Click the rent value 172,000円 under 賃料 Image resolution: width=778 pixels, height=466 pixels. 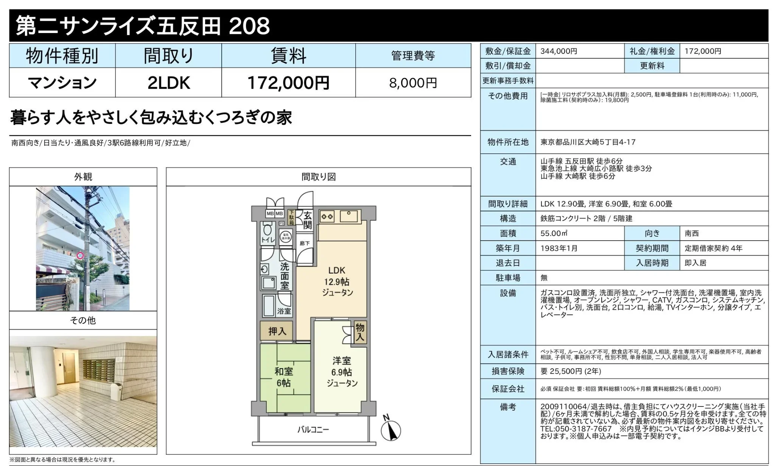[288, 83]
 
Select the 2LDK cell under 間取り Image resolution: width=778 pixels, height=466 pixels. [168, 83]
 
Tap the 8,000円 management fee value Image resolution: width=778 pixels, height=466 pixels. [413, 83]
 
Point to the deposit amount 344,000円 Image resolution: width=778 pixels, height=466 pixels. [559, 51]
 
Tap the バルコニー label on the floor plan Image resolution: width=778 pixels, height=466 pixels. [313, 430]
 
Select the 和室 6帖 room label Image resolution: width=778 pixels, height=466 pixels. [283, 377]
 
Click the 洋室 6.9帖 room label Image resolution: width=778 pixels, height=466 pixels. [342, 372]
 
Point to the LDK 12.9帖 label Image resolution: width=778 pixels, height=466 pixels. [337, 281]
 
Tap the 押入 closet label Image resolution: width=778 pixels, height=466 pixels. [277, 332]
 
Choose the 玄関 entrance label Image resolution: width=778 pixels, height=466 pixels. [307, 220]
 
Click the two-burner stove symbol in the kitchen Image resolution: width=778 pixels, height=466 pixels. [327, 216]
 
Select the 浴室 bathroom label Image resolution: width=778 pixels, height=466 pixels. [284, 311]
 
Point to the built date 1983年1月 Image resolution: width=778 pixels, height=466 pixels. [559, 248]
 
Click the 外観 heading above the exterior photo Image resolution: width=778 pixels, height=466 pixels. [83, 177]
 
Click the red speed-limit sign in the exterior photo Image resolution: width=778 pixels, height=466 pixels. [80, 256]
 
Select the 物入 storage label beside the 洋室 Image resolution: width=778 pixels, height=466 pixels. [360, 332]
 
